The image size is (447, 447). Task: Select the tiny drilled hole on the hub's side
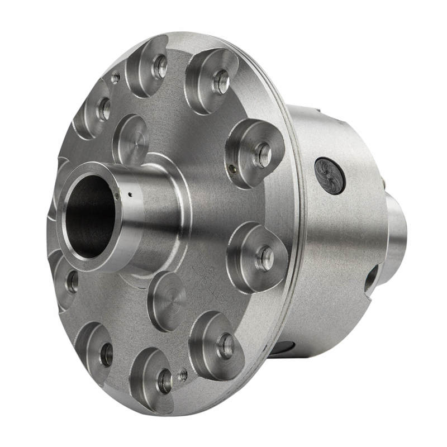coord(130,195)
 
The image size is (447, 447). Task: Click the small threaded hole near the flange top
coord(116,78)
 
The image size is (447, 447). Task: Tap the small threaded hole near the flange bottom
coord(183,376)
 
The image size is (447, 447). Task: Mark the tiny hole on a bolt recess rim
coord(232,165)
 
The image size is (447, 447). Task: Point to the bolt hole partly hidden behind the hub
coord(72,282)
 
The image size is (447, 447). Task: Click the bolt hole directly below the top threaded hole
coord(104,110)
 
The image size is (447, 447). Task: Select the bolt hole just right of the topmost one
coord(221,82)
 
